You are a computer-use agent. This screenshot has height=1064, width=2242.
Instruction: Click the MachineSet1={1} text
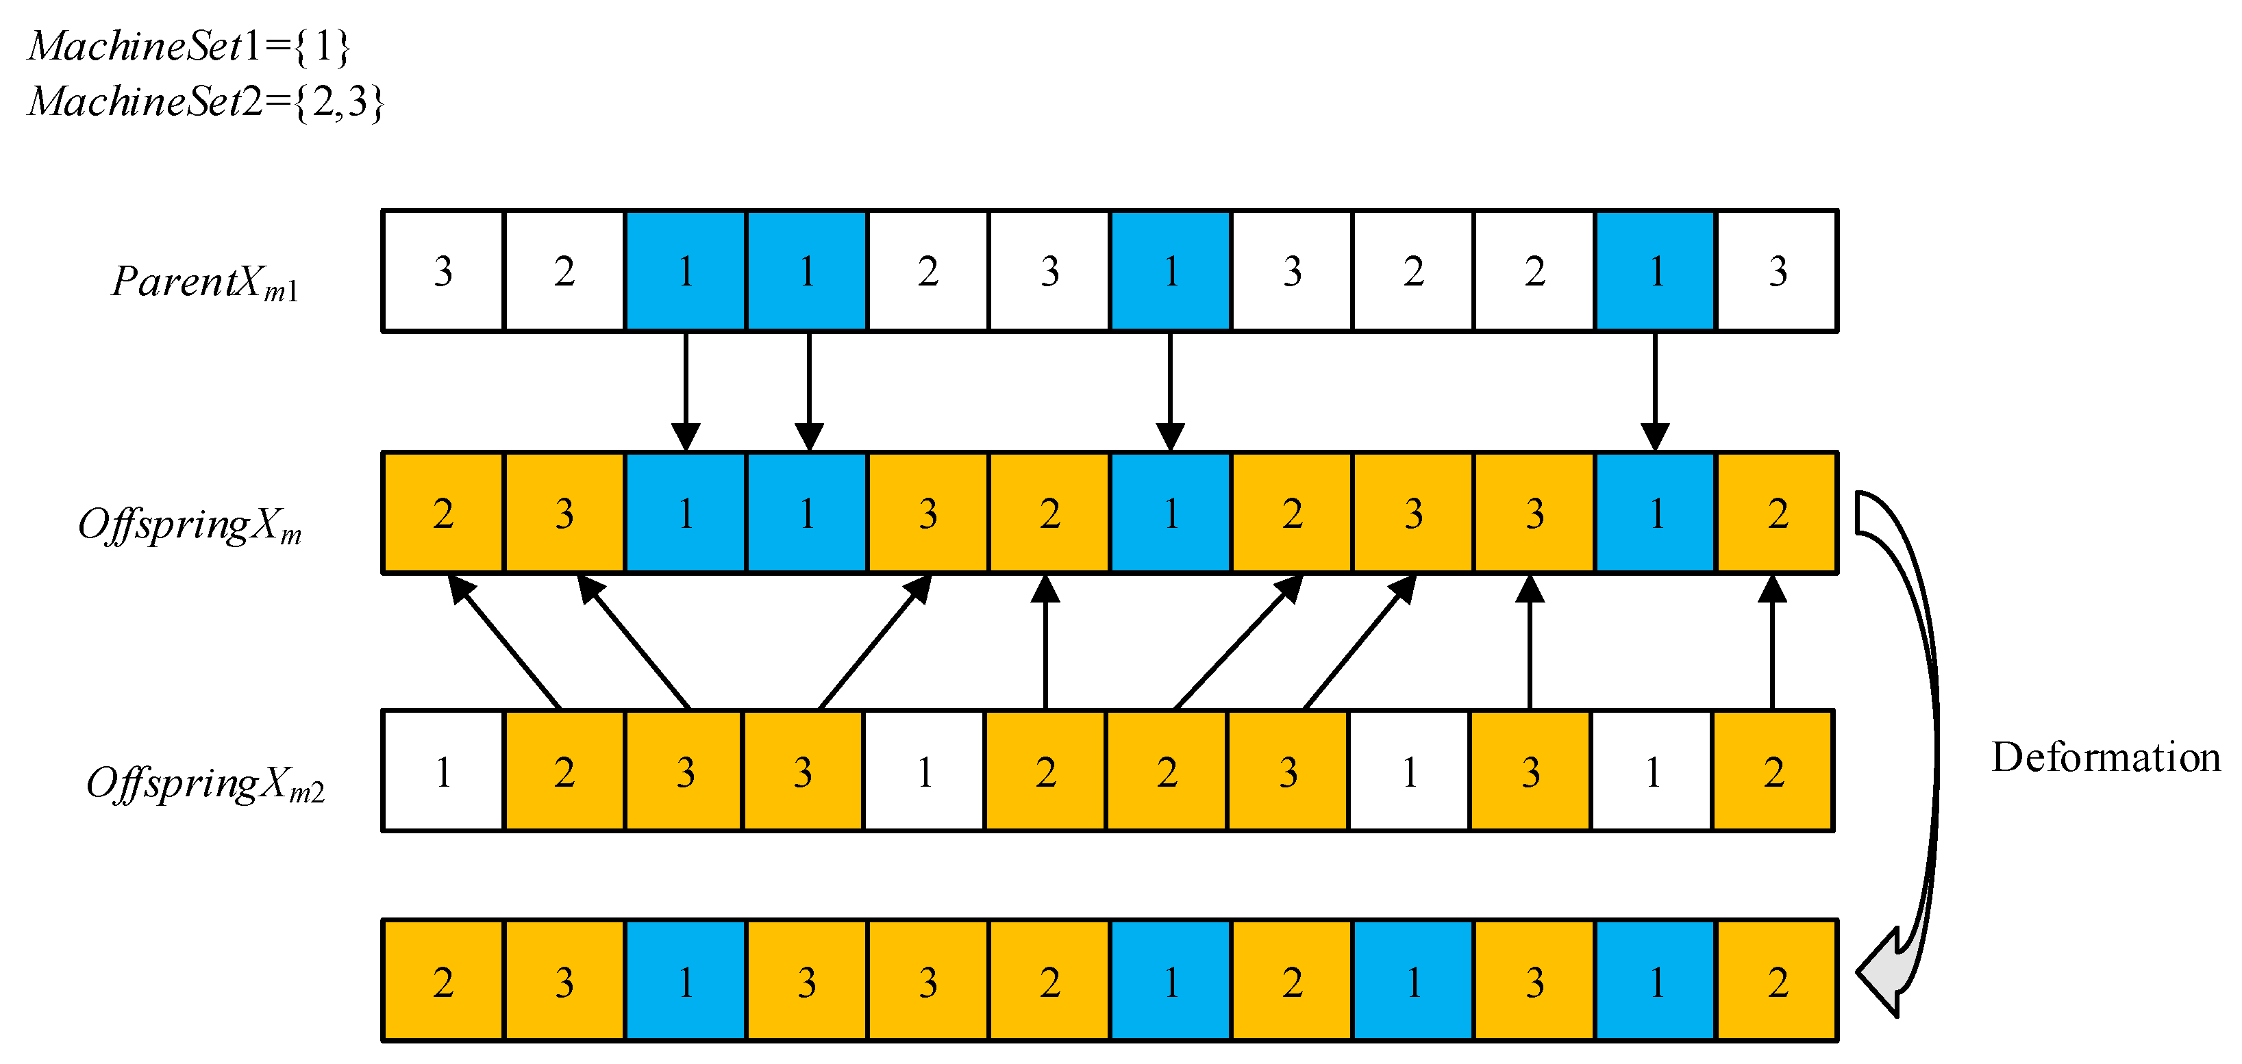click(189, 46)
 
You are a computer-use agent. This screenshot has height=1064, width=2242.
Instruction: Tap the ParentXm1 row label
click(205, 282)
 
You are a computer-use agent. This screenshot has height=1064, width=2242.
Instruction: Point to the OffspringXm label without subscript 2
click(190, 525)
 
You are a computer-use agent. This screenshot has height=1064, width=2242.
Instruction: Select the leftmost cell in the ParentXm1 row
click(443, 271)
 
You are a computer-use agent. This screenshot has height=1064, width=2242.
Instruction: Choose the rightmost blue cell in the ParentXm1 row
click(1656, 271)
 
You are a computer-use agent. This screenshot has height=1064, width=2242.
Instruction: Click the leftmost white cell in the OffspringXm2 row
click(443, 772)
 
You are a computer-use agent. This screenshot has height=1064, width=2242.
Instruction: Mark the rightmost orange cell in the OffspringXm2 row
click(1773, 772)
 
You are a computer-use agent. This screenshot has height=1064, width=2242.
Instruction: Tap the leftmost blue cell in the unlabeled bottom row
click(686, 981)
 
